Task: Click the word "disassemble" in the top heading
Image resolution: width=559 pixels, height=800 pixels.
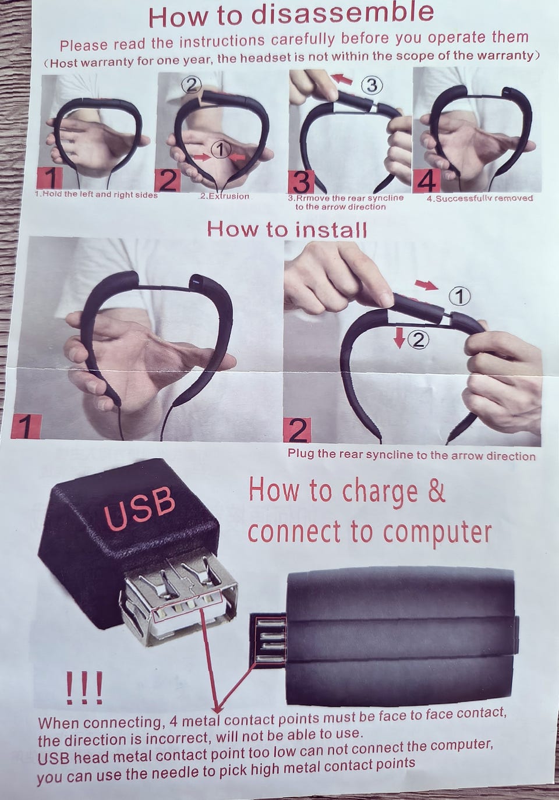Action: tap(343, 15)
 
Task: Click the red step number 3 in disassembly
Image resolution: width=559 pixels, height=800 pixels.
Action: tap(302, 182)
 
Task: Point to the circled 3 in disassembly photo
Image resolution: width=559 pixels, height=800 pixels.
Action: tap(372, 86)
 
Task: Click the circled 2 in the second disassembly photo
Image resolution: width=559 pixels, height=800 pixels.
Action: tap(192, 86)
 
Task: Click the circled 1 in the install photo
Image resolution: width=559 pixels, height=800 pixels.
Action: tap(459, 297)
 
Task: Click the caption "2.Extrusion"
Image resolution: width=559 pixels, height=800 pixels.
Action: tap(224, 196)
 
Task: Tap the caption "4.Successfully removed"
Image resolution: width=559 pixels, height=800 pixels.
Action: tap(480, 198)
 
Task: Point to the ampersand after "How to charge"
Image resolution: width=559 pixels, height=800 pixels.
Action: tap(435, 491)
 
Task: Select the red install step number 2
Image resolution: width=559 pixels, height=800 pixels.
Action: tap(297, 430)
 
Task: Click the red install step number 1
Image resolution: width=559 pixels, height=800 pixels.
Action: tap(26, 427)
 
